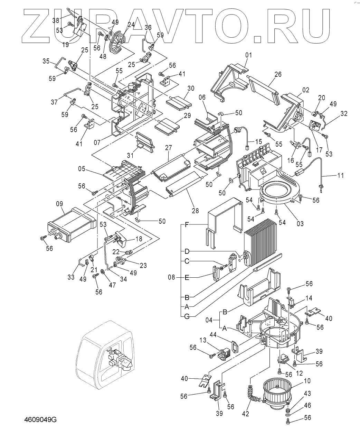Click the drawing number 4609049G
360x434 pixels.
pos(40,420)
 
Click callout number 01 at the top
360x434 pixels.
pos(249,55)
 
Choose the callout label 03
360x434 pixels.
pos(300,223)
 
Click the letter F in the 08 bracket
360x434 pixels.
pos(187,225)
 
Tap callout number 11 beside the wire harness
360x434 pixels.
pos(341,175)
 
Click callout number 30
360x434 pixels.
pos(190,88)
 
